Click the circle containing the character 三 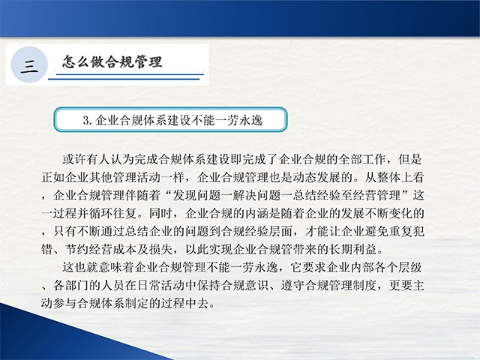(29, 64)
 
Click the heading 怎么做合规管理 (112, 62)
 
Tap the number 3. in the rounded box (88, 120)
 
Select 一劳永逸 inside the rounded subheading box (239, 120)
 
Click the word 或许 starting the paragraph (74, 159)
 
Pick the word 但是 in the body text (410, 159)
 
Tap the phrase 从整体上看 (394, 177)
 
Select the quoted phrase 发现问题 (196, 195)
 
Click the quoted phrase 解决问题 (256, 195)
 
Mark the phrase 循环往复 (113, 213)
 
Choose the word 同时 (161, 213)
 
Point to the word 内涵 (256, 213)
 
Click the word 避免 (376, 232)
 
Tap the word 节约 (77, 250)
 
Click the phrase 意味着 (116, 268)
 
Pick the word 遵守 (292, 286)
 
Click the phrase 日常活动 (161, 286)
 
